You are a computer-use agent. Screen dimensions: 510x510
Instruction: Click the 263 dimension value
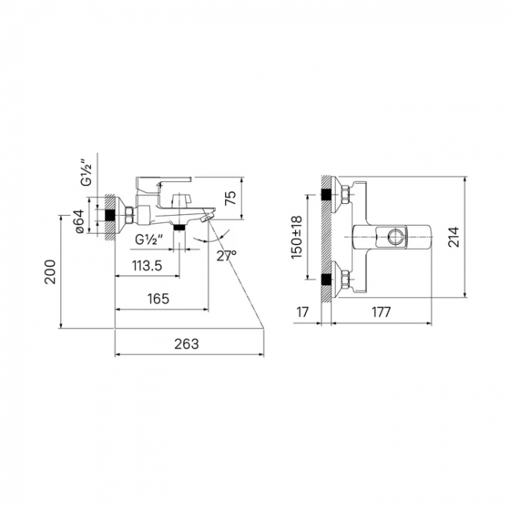point(187,344)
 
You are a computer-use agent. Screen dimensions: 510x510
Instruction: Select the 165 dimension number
point(158,299)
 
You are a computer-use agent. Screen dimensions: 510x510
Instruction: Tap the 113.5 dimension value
point(147,266)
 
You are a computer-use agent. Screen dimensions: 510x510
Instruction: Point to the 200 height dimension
point(50,272)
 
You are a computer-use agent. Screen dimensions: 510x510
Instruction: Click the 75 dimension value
point(231,198)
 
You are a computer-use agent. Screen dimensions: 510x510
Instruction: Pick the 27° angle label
point(227,256)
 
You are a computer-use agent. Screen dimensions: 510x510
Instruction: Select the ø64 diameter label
point(80,221)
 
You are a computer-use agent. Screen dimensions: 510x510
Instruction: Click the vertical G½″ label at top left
point(87,173)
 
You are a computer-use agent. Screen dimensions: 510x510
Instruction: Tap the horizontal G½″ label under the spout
point(149,240)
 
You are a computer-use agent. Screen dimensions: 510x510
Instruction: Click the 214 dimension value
point(454,237)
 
